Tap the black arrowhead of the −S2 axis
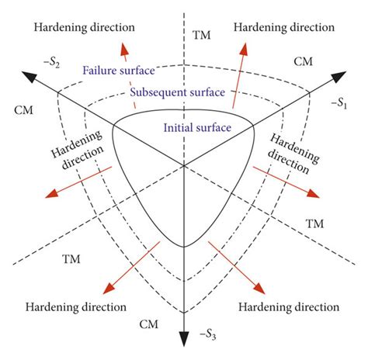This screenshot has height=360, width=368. coord(28,76)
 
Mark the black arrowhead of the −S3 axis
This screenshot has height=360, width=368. coord(184,338)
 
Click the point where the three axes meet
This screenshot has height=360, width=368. coord(184,165)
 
